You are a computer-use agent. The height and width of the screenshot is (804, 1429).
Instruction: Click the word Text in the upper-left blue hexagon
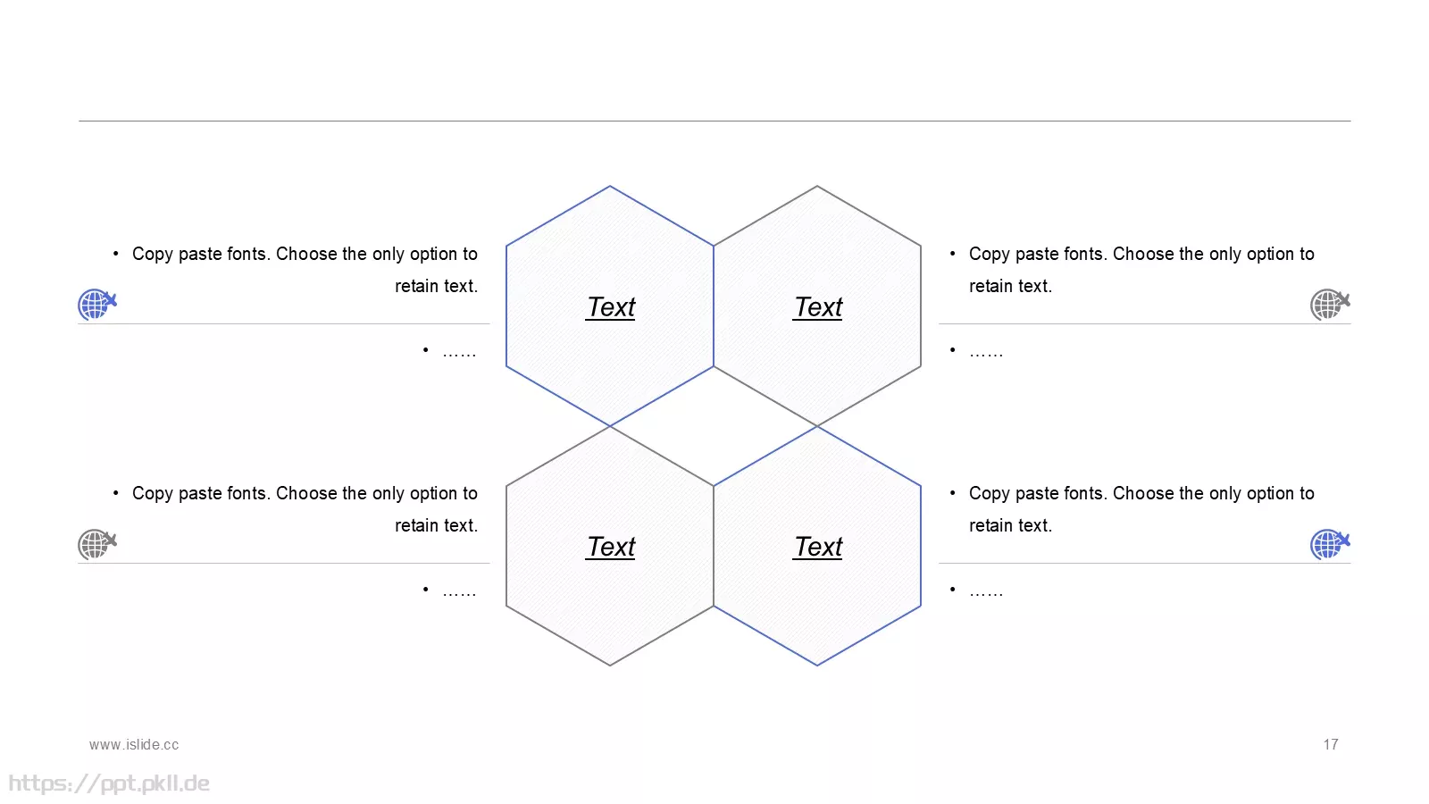611,307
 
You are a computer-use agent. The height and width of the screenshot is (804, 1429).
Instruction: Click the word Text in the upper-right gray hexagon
818,307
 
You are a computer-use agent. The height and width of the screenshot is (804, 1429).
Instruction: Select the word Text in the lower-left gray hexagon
611,547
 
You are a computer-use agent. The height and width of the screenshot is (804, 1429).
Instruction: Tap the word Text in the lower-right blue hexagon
818,547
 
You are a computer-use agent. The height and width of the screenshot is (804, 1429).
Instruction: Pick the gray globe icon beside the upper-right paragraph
1330,304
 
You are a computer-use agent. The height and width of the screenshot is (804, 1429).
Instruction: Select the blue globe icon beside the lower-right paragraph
1330,544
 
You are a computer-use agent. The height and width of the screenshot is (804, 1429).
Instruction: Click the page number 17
1331,745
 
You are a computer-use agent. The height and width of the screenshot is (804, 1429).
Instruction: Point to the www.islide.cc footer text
134,745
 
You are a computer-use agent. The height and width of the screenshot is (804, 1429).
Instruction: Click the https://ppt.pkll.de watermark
109,783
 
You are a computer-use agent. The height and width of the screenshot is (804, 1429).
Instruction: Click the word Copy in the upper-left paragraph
153,255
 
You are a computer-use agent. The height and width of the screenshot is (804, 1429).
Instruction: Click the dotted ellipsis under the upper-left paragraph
459,354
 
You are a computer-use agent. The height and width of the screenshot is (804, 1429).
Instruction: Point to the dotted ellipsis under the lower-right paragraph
986,593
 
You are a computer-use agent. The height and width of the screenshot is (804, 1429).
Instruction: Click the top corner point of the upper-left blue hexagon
610,187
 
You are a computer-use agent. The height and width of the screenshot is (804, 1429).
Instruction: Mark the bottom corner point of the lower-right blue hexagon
817,666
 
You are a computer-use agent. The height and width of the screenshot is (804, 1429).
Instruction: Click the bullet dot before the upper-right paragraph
952,254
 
